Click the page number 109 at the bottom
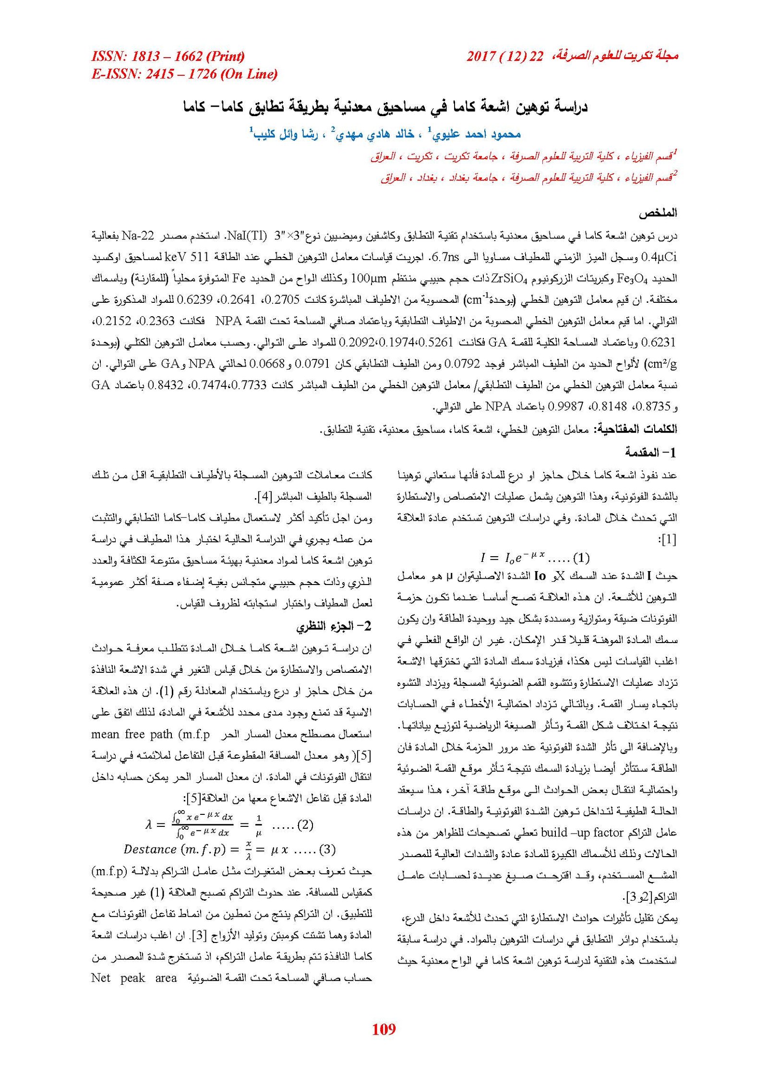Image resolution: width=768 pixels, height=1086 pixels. tap(384, 1029)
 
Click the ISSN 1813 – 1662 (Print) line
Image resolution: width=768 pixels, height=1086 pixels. tap(168, 57)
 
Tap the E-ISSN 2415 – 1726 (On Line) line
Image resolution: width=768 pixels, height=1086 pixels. tap(184, 74)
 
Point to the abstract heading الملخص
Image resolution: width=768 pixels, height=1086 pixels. tap(658, 213)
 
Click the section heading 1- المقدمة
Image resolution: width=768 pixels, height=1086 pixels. tap(650, 452)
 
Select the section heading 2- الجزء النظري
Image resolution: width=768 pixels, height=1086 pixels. tap(334, 626)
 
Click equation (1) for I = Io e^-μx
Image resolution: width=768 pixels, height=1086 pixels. tap(534, 558)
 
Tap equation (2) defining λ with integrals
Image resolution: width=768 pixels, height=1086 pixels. tap(229, 825)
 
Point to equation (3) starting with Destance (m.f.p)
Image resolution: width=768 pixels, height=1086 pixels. tap(229, 849)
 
